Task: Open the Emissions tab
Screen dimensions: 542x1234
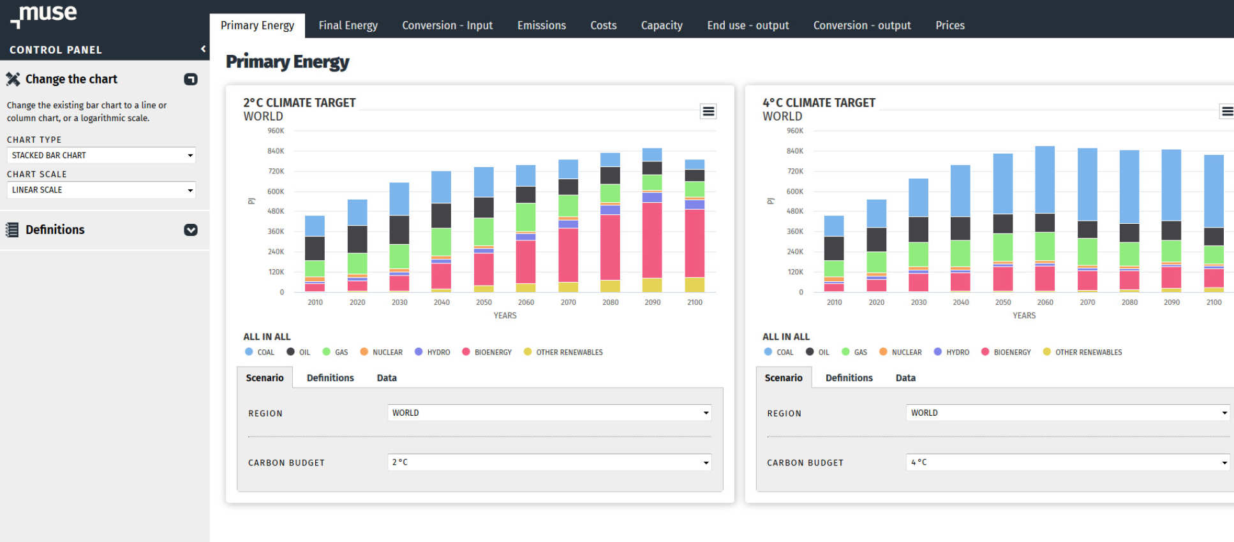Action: (541, 26)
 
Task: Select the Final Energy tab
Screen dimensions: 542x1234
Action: (348, 26)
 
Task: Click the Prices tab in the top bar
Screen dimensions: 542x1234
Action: (949, 26)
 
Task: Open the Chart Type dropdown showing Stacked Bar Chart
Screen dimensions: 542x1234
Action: (101, 155)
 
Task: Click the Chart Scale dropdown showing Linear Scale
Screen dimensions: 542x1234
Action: (101, 189)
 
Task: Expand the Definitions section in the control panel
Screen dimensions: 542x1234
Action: (190, 230)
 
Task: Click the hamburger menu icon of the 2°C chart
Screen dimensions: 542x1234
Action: (708, 112)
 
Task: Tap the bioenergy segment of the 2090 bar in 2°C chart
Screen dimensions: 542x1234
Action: (652, 240)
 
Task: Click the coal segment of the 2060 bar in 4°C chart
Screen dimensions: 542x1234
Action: (1044, 179)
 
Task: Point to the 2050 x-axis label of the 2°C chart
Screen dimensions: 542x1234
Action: (484, 302)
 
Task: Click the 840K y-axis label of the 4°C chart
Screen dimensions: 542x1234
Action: (795, 151)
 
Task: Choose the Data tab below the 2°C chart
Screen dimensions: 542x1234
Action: (387, 377)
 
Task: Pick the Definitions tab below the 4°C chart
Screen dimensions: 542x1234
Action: (849, 377)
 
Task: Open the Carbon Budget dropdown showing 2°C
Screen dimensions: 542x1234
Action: (549, 462)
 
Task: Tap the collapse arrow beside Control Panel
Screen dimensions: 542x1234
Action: (203, 49)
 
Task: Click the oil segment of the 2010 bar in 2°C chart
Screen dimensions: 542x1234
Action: (315, 248)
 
